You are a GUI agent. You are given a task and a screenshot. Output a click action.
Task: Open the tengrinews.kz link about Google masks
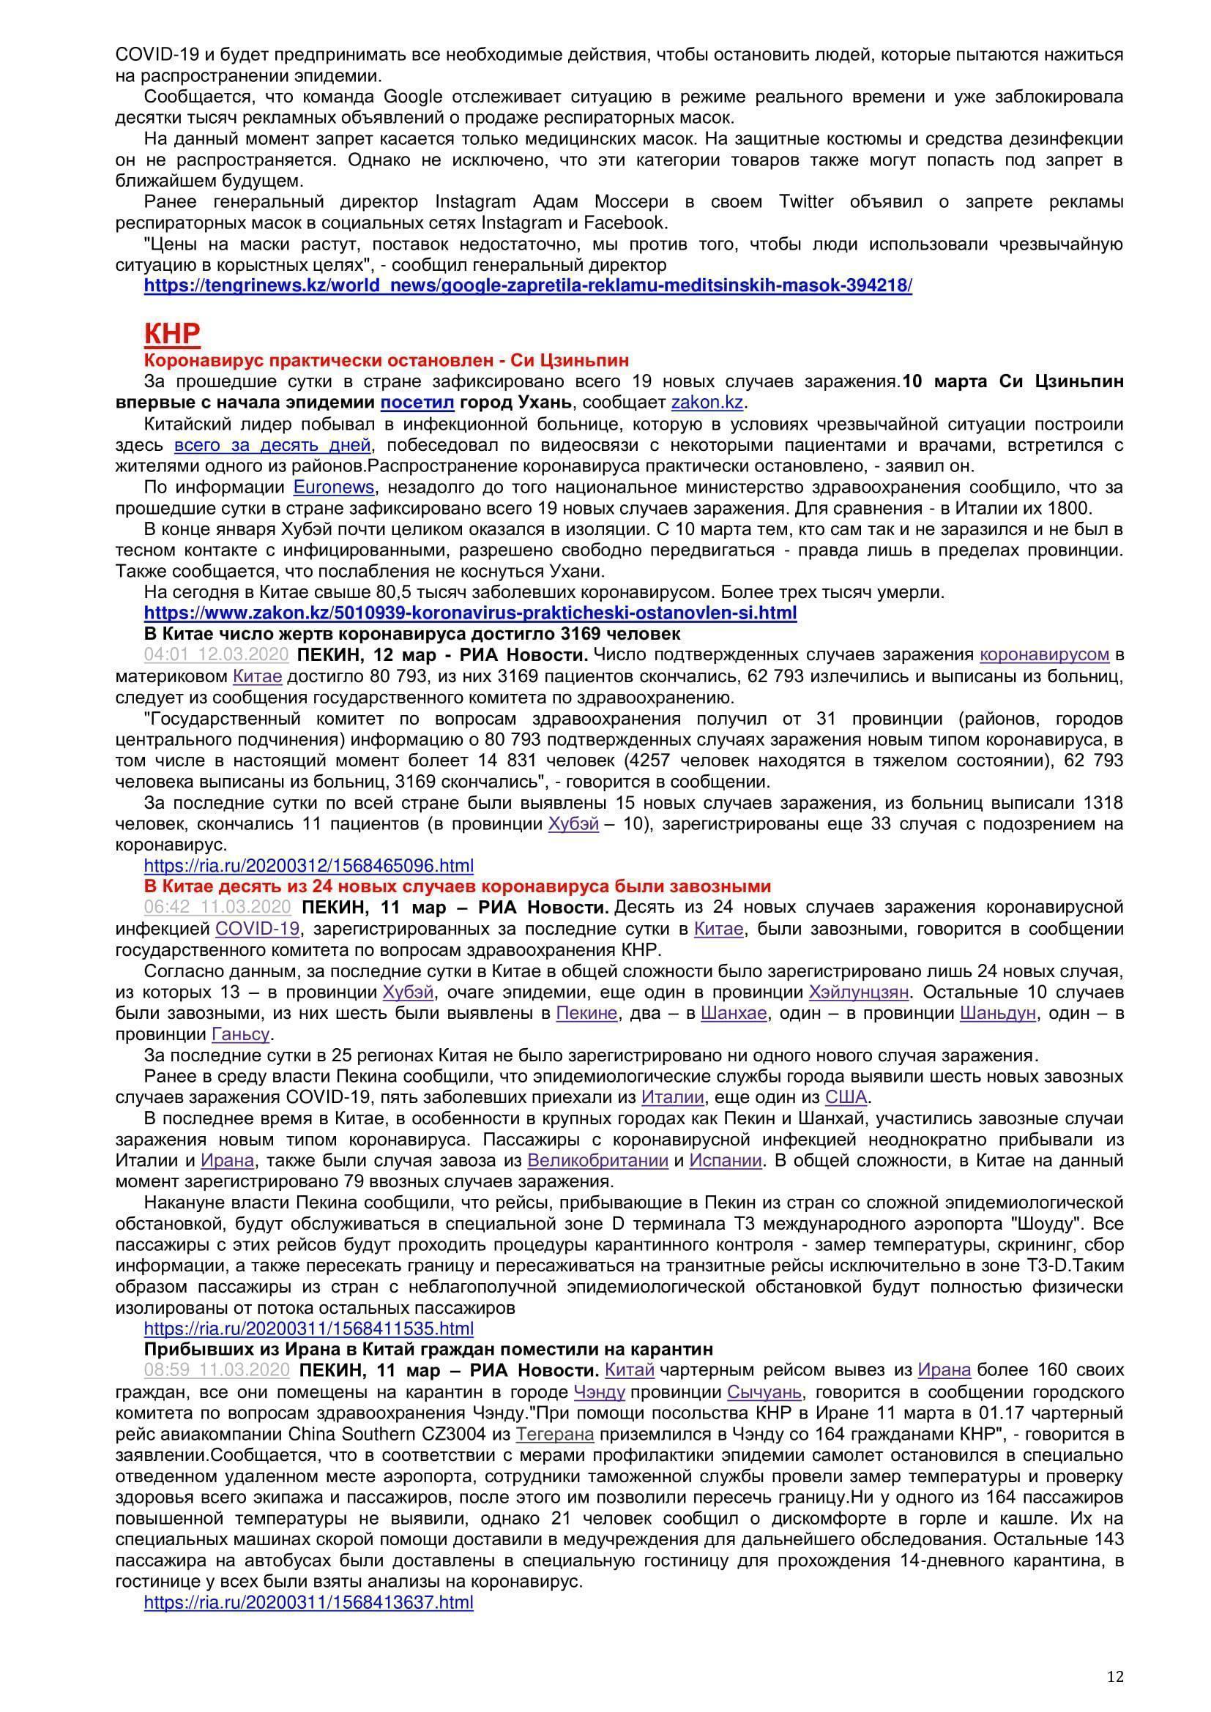(x=527, y=285)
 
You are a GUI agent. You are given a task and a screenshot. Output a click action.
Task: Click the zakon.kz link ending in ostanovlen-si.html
(x=470, y=613)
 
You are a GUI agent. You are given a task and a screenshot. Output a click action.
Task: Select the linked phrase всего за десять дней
(x=272, y=445)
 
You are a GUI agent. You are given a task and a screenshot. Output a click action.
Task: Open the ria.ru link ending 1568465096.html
(x=309, y=866)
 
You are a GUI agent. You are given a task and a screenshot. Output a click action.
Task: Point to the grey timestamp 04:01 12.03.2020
(x=216, y=654)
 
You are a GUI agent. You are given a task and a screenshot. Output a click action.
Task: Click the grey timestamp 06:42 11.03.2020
(x=217, y=908)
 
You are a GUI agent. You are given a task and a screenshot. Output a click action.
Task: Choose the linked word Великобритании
(x=597, y=1161)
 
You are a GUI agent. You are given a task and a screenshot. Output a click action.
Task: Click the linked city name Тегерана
(x=555, y=1434)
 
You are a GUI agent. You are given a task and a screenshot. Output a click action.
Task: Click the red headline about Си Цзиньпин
(x=387, y=361)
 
